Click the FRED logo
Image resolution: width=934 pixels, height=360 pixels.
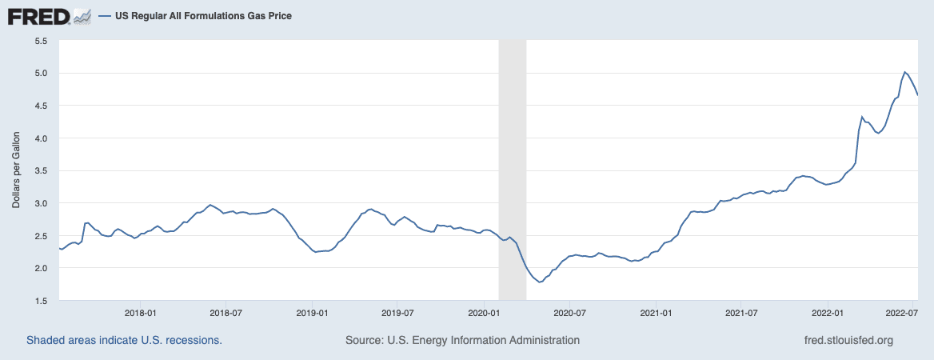point(38,16)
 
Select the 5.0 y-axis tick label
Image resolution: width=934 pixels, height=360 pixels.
point(41,73)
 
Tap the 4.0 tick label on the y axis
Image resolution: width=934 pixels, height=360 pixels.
point(41,138)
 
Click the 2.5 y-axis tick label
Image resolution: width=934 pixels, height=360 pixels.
point(41,236)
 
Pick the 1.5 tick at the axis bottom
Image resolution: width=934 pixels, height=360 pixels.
point(41,301)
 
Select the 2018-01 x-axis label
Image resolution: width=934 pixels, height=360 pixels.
point(140,313)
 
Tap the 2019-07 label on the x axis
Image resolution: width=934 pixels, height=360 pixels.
point(397,313)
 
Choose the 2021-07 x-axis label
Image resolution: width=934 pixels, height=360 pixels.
point(741,313)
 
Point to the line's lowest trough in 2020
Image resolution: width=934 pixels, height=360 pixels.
point(540,282)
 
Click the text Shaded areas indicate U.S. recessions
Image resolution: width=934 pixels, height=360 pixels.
point(124,340)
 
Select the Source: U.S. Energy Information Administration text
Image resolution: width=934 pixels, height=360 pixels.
point(462,340)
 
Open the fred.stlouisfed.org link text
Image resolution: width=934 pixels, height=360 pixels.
point(848,340)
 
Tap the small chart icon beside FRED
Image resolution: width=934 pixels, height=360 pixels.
point(82,15)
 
